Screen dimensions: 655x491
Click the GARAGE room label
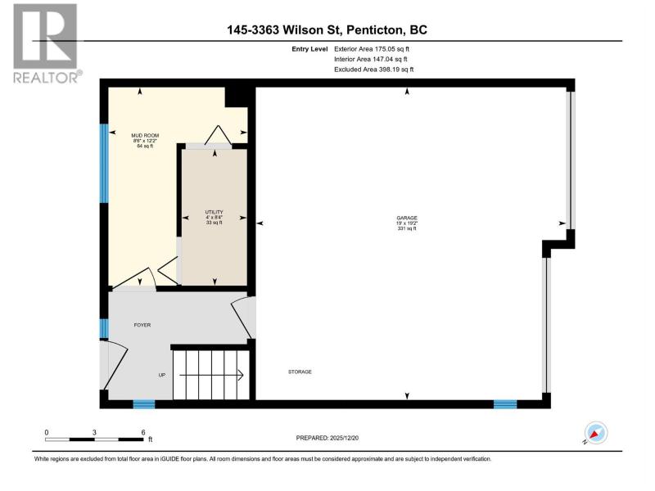(407, 218)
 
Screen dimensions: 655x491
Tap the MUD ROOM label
(145, 136)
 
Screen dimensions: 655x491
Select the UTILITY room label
(214, 212)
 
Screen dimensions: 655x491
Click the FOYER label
(142, 325)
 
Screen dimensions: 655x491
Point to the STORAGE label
(300, 372)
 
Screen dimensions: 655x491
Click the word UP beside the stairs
(162, 375)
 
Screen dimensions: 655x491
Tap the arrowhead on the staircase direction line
(241, 376)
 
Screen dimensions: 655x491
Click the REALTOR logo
(46, 43)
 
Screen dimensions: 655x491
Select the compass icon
(596, 433)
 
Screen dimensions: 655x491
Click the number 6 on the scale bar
(142, 433)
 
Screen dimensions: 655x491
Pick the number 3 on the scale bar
(94, 433)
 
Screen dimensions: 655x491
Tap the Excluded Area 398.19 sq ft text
(374, 70)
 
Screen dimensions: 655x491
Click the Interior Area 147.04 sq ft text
(371, 59)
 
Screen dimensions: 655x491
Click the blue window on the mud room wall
(104, 163)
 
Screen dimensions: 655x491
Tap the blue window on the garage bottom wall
(505, 404)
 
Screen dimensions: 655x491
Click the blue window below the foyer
(144, 404)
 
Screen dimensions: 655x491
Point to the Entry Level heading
(309, 49)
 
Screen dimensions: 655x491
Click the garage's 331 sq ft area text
(407, 228)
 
